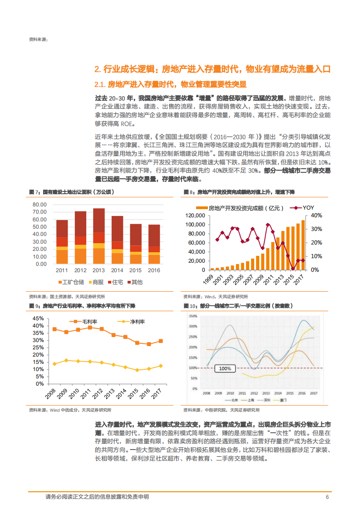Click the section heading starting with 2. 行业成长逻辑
[x=212, y=69]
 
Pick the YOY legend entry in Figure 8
[x=304, y=208]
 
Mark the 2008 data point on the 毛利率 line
[x=54, y=329]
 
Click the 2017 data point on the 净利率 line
[x=160, y=366]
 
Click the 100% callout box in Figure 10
[x=225, y=368]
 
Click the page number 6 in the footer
[x=327, y=497]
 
